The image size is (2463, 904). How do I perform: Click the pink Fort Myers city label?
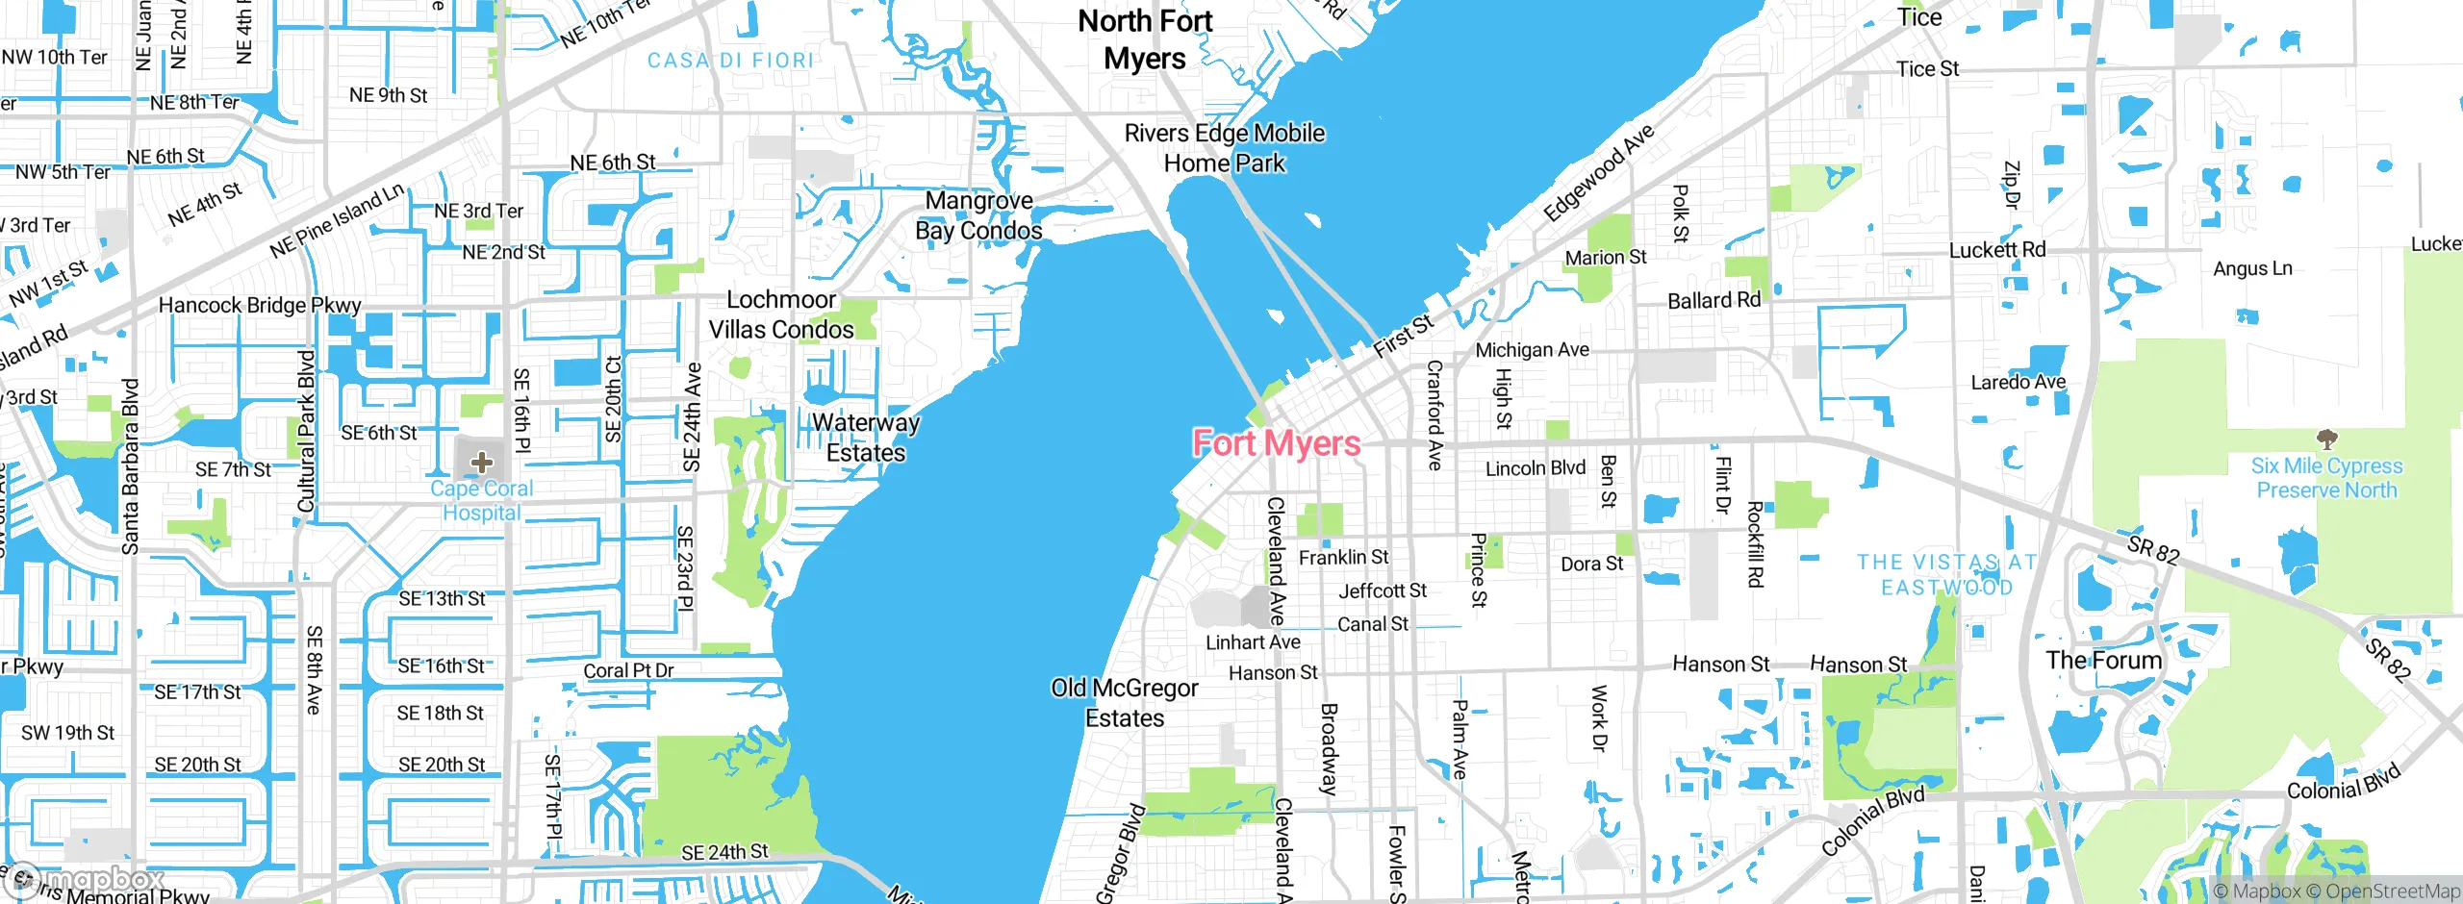[x=1276, y=443]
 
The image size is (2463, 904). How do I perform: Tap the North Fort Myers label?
[x=1145, y=39]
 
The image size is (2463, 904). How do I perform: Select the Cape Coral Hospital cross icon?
[x=481, y=463]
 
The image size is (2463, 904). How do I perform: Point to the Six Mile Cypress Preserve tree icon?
[x=2326, y=440]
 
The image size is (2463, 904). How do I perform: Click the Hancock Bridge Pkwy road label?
[x=260, y=306]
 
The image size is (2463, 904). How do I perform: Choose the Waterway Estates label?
[x=866, y=438]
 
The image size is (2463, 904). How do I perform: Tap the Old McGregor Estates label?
[x=1125, y=703]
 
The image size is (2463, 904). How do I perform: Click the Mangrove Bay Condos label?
[x=978, y=215]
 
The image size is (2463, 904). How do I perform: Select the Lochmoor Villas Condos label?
[x=781, y=314]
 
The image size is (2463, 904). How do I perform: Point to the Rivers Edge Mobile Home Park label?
[x=1224, y=148]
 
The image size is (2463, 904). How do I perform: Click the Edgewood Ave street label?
[x=1598, y=173]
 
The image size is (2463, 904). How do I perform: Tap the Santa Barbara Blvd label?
[x=130, y=467]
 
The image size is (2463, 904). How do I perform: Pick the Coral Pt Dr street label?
[x=628, y=670]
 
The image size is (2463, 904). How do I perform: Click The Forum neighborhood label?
[x=2104, y=661]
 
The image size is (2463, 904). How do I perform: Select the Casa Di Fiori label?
[x=730, y=61]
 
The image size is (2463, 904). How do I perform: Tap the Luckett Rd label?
[x=1997, y=250]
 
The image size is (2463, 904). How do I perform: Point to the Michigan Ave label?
[x=1533, y=350]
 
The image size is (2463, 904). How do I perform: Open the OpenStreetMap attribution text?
[x=2392, y=891]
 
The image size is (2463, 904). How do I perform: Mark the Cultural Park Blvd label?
[x=307, y=431]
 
